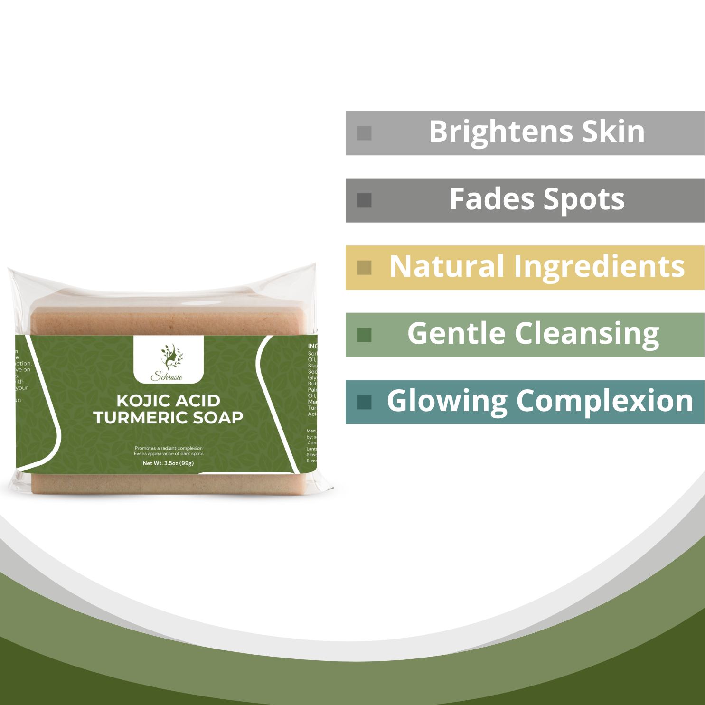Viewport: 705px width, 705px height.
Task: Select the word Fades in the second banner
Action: tap(492, 199)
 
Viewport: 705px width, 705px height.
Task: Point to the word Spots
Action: tap(584, 200)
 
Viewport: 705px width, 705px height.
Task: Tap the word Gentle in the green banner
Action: tap(456, 334)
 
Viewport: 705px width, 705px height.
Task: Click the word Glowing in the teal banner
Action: tap(447, 402)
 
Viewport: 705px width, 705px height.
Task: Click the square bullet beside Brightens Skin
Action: tap(364, 133)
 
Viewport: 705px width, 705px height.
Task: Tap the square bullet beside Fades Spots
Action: tap(364, 200)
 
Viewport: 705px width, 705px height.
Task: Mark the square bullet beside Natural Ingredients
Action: tap(364, 268)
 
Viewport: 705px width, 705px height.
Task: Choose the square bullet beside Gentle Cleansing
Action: tap(364, 335)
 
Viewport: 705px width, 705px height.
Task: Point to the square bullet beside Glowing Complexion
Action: tap(364, 402)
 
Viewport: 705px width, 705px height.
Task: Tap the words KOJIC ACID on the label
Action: tap(169, 401)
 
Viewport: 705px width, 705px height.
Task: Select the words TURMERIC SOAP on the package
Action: tap(169, 418)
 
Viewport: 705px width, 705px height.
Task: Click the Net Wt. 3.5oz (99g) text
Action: tap(169, 463)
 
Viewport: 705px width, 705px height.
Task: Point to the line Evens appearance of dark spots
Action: tap(169, 454)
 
